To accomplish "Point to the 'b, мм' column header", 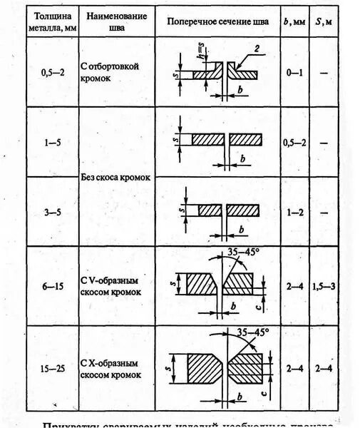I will tap(294, 20).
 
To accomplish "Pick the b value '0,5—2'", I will tap(294, 143).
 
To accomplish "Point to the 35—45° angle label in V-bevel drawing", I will tap(240, 252).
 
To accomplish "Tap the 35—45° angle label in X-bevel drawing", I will tap(252, 332).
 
